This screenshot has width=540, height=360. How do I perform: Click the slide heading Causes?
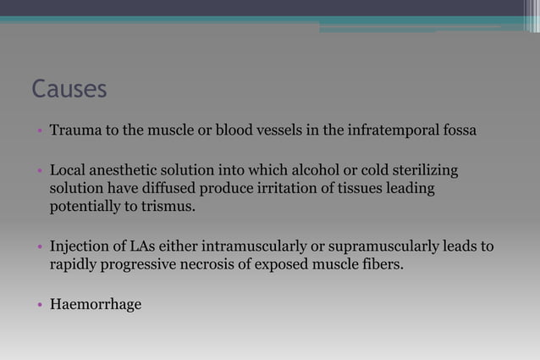tap(69, 89)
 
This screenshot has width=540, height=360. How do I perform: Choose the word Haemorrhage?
tap(96, 304)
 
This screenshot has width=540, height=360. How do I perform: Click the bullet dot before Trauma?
tap(39, 132)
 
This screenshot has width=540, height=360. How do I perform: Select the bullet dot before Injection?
tap(39, 247)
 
